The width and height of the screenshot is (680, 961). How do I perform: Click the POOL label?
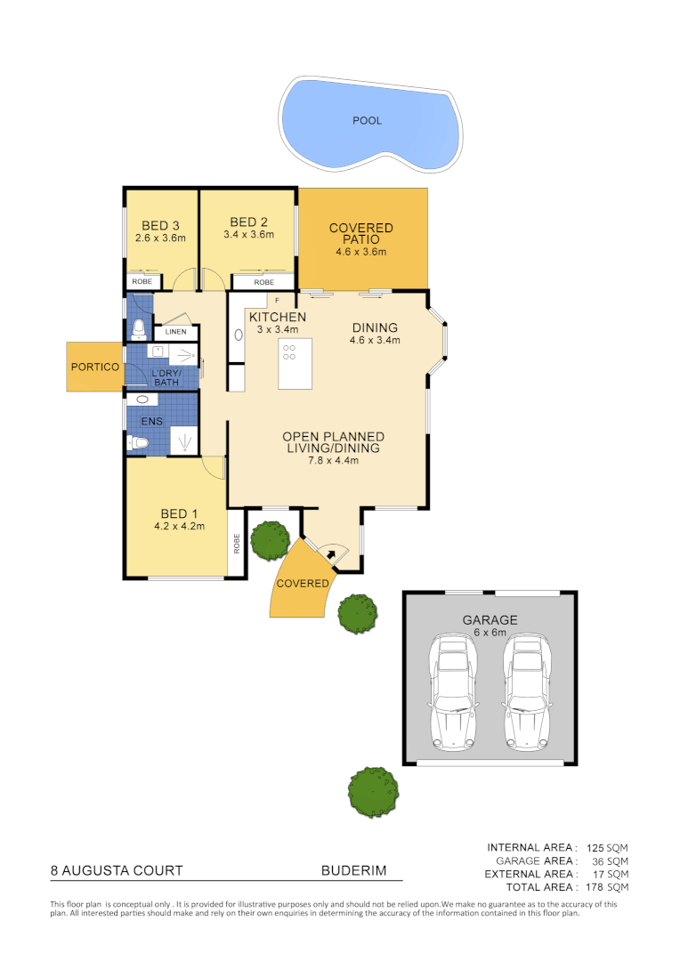click(x=367, y=121)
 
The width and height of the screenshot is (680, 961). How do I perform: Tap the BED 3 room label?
click(x=161, y=225)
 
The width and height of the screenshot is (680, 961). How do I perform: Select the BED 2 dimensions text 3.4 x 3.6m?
click(x=248, y=235)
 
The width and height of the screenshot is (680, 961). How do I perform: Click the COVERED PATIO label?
click(x=361, y=234)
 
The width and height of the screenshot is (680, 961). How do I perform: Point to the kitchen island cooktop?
click(x=289, y=351)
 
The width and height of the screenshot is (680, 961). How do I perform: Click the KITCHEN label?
click(x=278, y=318)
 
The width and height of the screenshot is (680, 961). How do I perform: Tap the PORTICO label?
click(x=95, y=367)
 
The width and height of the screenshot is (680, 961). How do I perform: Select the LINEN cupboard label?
click(x=174, y=333)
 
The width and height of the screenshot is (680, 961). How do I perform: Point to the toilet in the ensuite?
click(x=137, y=442)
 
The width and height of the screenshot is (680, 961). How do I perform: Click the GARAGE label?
click(x=490, y=620)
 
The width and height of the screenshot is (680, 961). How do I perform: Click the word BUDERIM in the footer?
click(x=353, y=871)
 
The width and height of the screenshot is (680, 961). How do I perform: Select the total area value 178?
click(x=595, y=887)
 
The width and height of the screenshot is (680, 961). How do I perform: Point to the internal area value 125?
click(x=595, y=848)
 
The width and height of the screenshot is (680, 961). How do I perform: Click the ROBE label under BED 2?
click(x=264, y=282)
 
